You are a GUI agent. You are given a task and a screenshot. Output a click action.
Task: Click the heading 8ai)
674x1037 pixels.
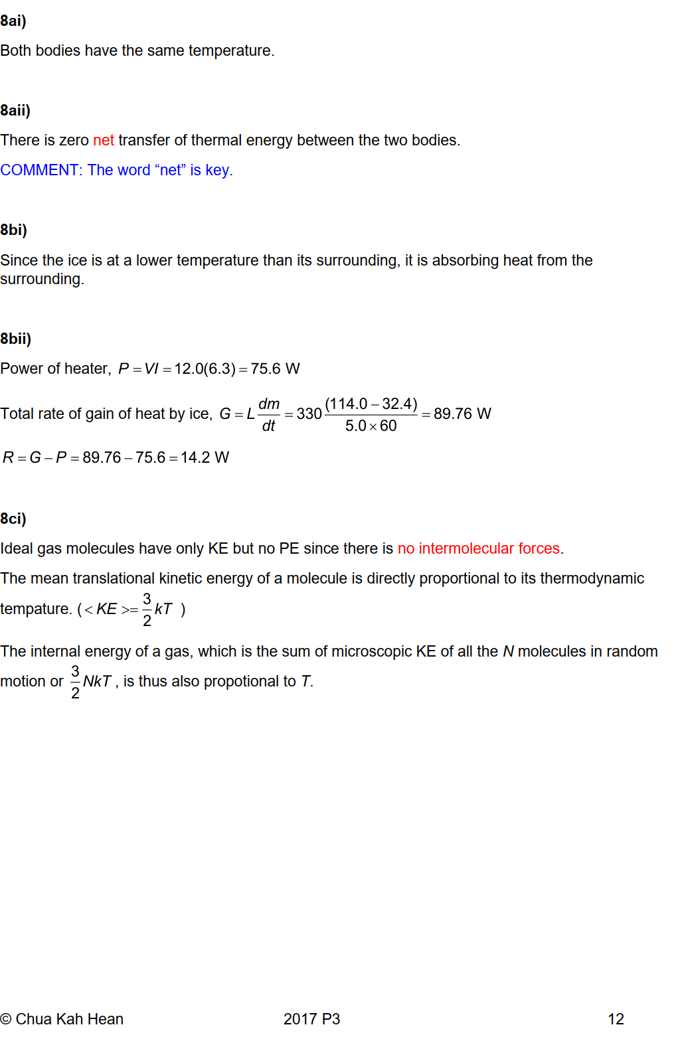(x=13, y=21)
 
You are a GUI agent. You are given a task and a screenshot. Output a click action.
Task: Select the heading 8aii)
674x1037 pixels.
(x=15, y=110)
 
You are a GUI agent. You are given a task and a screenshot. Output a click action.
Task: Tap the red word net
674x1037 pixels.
(x=104, y=140)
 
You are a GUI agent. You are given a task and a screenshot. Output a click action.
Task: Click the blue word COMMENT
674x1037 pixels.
(x=40, y=170)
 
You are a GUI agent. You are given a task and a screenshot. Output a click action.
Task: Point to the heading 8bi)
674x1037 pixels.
(x=14, y=230)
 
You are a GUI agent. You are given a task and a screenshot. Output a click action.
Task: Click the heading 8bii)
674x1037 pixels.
(x=16, y=339)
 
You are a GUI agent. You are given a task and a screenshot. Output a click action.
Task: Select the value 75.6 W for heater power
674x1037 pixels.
(x=275, y=368)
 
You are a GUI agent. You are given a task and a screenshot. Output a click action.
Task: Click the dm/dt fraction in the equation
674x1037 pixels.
(x=269, y=414)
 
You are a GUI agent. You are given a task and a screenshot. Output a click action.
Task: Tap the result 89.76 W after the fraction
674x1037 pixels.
(x=462, y=414)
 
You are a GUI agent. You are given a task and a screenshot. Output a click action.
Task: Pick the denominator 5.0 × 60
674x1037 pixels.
(x=371, y=426)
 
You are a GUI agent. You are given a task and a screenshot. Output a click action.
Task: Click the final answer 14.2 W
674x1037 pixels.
(x=205, y=457)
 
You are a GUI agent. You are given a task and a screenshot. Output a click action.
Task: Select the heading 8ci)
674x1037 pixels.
(x=13, y=518)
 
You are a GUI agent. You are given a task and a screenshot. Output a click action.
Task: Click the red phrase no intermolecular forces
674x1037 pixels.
(x=479, y=548)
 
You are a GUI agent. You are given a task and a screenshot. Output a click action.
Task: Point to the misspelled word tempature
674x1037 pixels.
(x=35, y=609)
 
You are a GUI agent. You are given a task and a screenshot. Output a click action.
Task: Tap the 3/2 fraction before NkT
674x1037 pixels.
(x=75, y=682)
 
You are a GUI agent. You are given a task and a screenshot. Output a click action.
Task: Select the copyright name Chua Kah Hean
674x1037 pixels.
(x=69, y=1019)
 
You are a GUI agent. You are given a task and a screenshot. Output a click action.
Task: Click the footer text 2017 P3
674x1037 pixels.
(x=311, y=1019)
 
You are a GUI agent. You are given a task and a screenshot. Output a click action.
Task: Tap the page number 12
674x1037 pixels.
(x=616, y=1019)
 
